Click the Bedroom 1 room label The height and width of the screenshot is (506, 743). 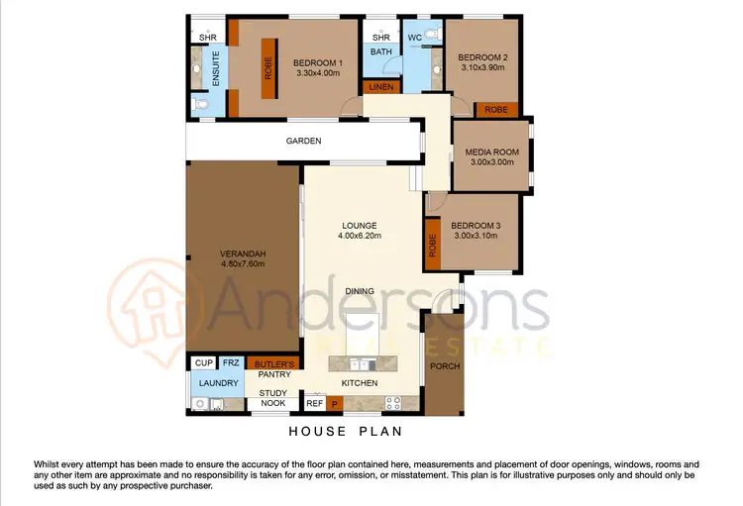pos(318,64)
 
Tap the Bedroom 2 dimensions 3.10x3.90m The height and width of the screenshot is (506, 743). pos(482,68)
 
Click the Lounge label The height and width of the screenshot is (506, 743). pos(359,225)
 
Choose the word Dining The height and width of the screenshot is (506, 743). pos(359,290)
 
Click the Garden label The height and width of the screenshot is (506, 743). pos(303,141)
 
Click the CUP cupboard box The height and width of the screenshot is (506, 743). pos(203,363)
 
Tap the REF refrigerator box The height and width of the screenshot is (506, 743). pos(314,403)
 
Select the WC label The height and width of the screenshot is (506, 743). pos(414,38)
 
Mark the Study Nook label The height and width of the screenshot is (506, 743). pos(273,398)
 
